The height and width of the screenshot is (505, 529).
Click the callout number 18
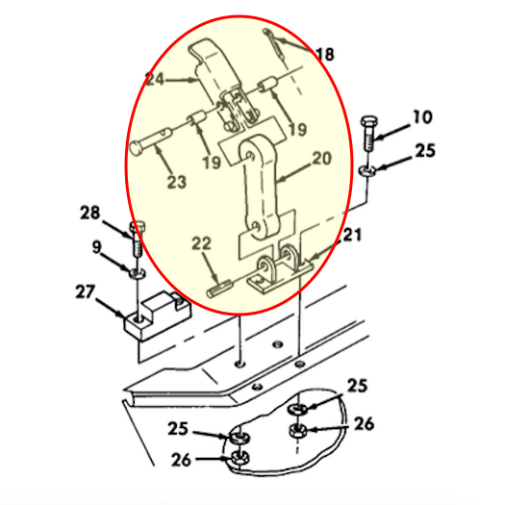(x=325, y=55)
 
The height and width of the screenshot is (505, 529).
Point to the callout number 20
(x=320, y=157)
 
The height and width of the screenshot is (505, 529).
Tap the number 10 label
(x=422, y=118)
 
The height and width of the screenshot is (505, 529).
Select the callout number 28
(x=90, y=212)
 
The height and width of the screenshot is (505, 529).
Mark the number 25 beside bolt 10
(x=423, y=151)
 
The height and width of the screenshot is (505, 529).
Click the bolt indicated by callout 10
(x=369, y=137)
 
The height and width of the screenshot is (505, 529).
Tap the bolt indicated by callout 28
(x=138, y=237)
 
